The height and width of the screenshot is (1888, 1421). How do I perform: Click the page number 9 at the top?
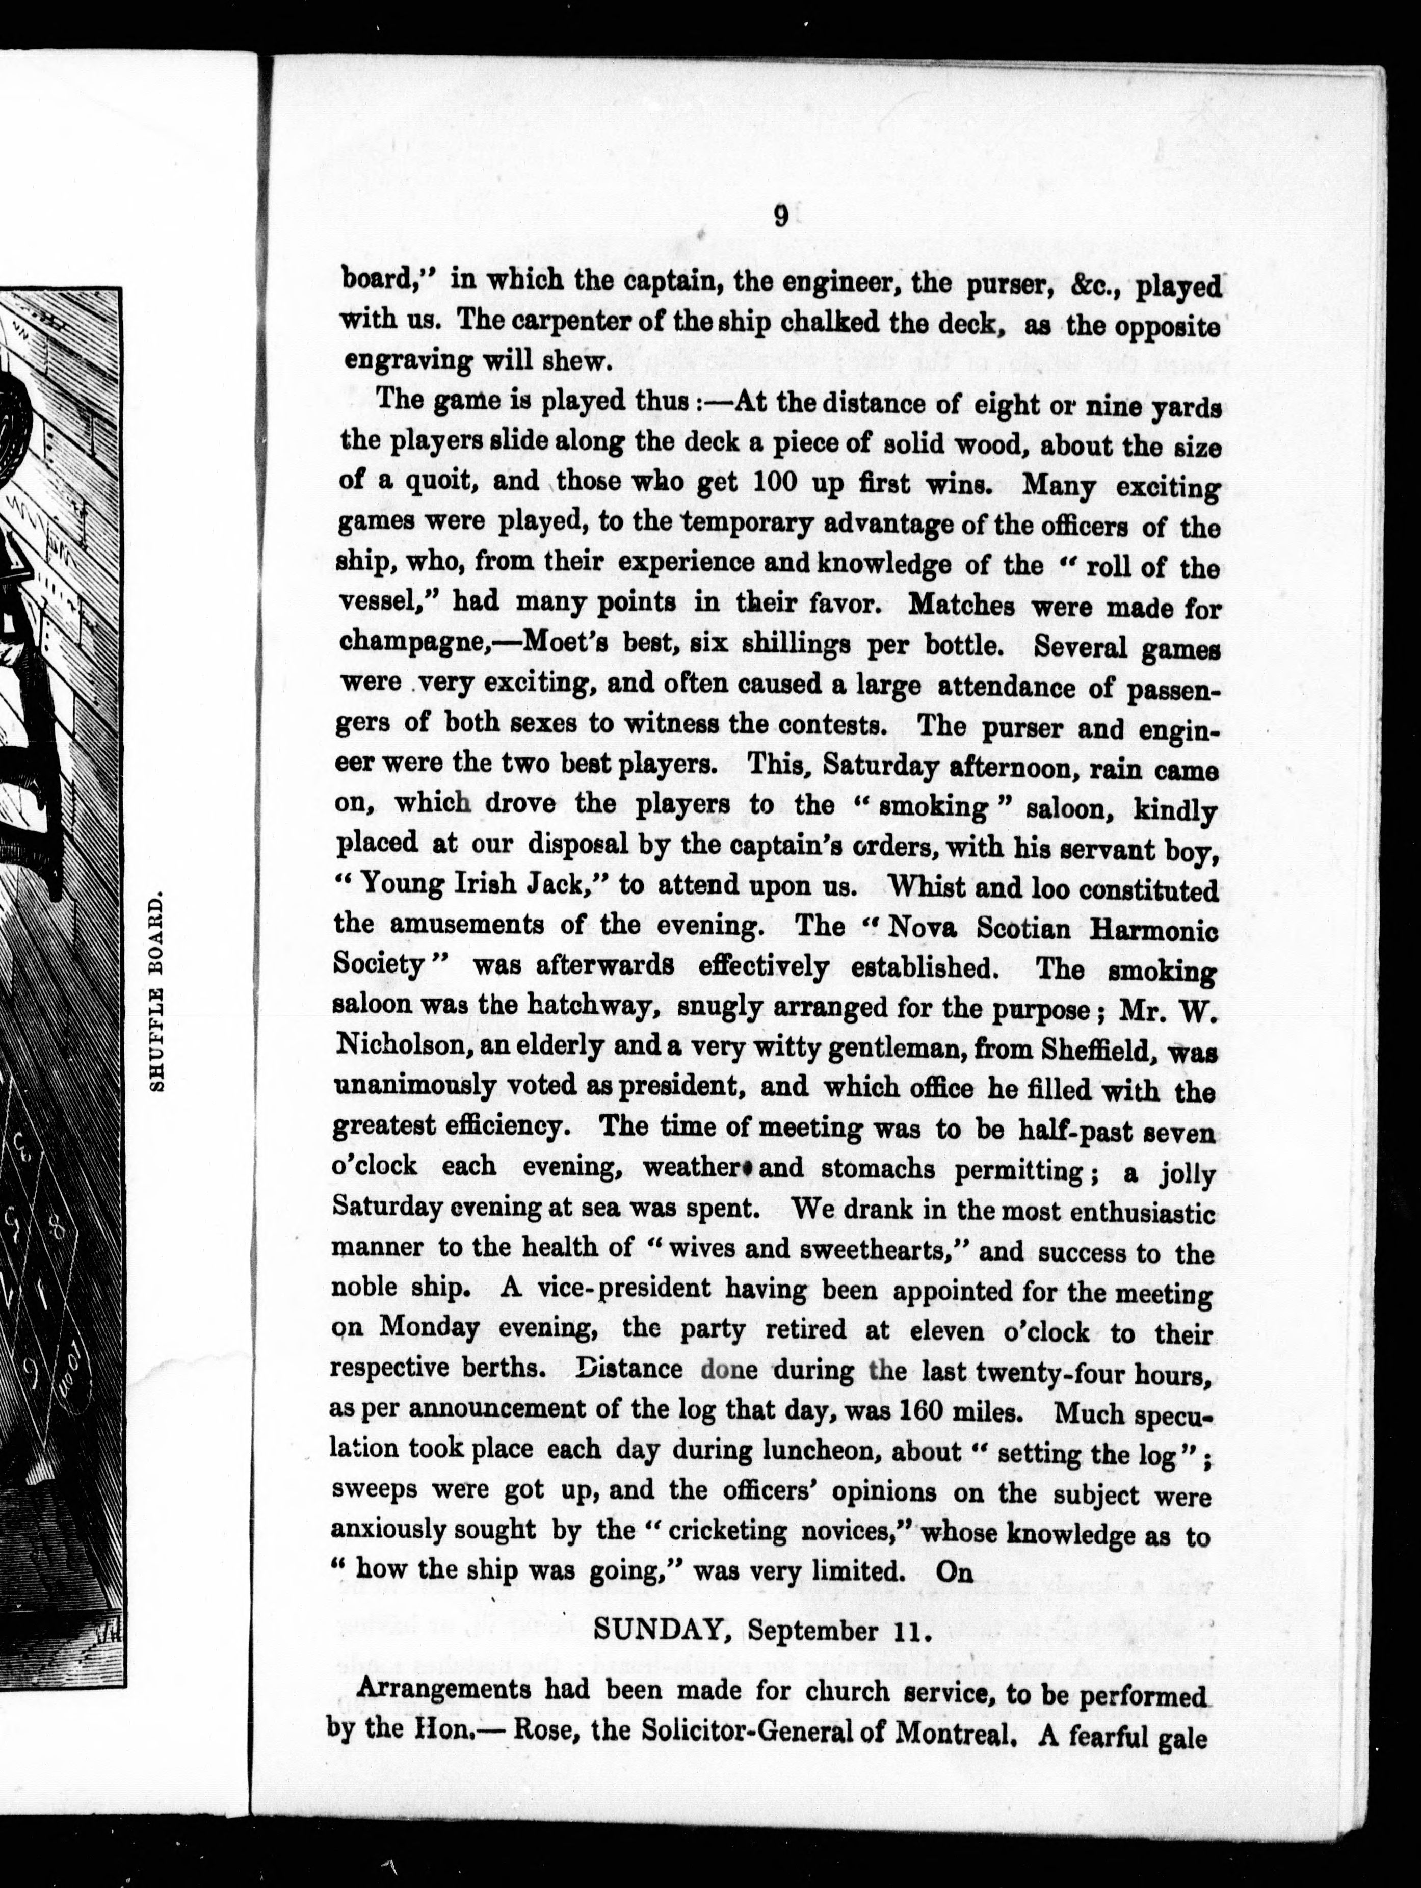780,216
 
